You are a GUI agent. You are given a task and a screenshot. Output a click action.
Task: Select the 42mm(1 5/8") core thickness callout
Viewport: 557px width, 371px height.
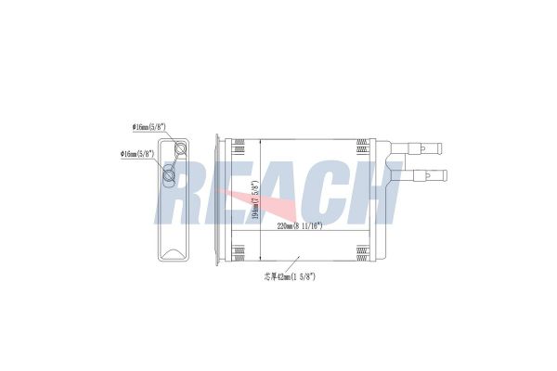pos(292,276)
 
